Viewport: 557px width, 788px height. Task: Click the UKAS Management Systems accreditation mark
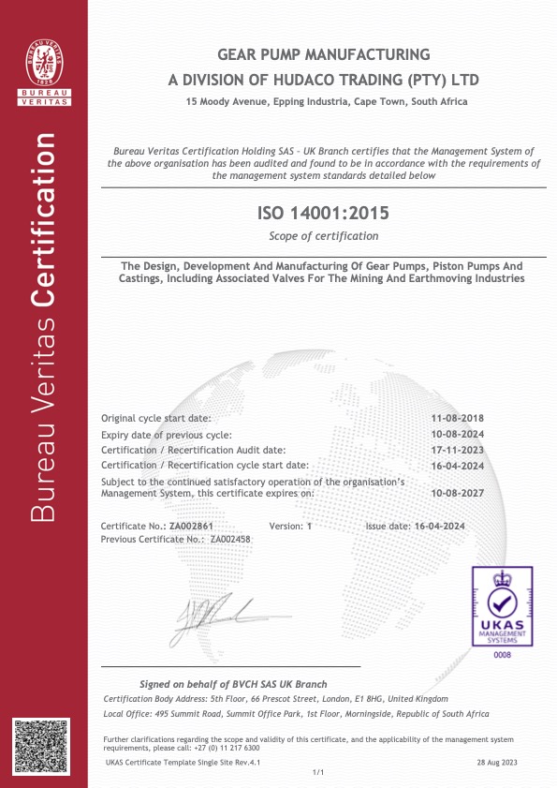(503, 605)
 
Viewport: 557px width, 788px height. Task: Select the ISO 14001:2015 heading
(323, 215)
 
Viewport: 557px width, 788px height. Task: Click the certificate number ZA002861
(198, 527)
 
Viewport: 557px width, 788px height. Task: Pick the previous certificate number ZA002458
(230, 539)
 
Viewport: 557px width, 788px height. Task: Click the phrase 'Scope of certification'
(323, 236)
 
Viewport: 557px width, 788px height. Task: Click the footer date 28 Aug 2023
(497, 764)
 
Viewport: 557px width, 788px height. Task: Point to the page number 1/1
(316, 772)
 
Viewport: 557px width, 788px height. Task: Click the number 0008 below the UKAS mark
(503, 655)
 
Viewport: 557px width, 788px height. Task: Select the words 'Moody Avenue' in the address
(231, 101)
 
